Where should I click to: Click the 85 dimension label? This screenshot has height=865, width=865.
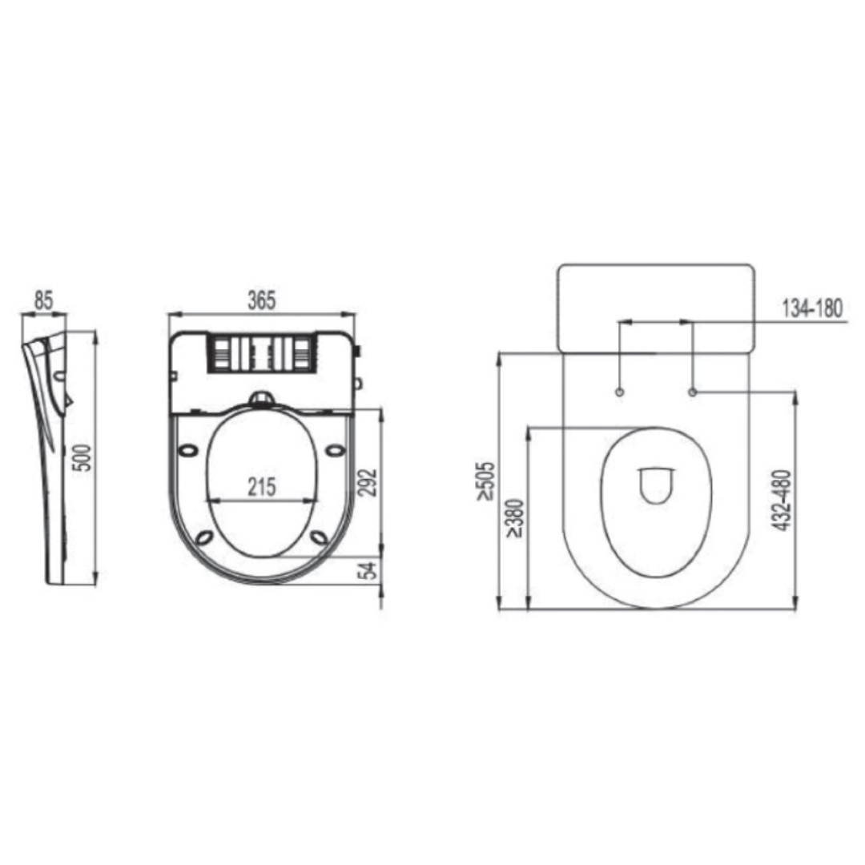coord(43,300)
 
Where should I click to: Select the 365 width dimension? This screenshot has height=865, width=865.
coord(261,300)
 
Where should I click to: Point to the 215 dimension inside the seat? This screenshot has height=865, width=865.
coord(261,487)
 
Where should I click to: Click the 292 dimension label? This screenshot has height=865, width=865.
coord(368,483)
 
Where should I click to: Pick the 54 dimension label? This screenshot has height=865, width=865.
coord(368,570)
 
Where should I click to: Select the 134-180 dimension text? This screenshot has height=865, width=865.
coord(813,309)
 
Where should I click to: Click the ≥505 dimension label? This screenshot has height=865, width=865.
coord(487,481)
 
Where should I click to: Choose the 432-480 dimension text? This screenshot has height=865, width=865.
coord(783,501)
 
